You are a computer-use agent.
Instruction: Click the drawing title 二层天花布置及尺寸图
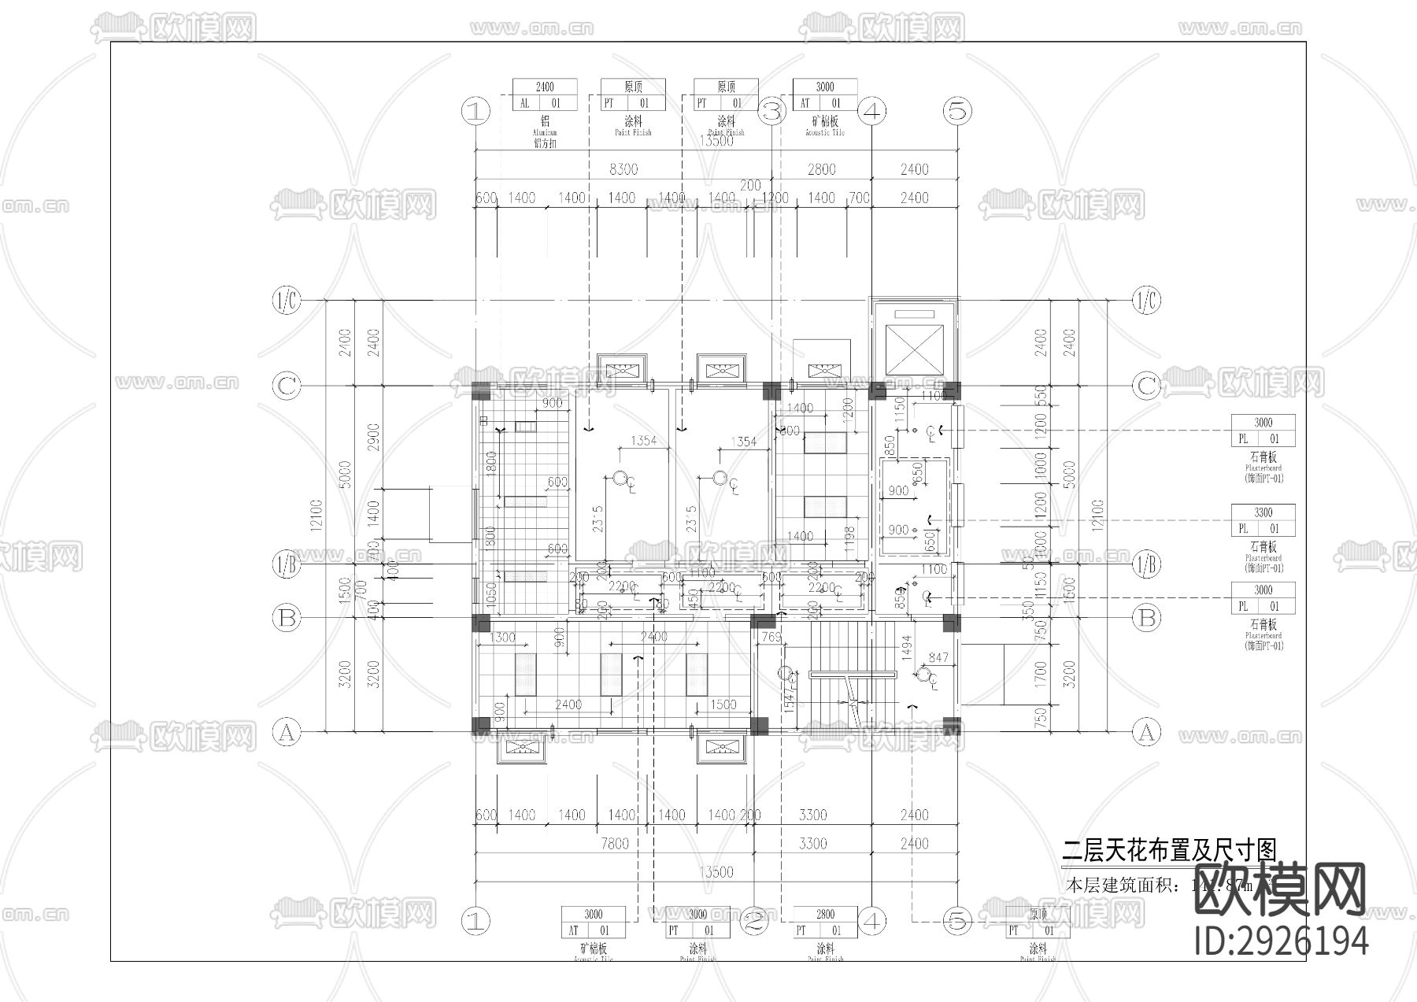coord(1169,850)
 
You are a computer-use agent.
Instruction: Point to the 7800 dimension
coord(615,844)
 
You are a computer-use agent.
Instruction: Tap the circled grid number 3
coord(771,111)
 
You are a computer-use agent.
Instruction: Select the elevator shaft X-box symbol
coord(912,349)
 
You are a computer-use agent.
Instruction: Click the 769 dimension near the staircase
coord(771,638)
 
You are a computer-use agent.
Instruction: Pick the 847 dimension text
coord(938,657)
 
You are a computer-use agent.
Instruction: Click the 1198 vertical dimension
coord(848,541)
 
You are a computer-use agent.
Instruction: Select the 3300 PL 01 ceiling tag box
coord(1263,520)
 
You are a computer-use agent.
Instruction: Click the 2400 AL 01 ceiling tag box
coord(544,94)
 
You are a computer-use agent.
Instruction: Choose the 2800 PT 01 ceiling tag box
coord(825,922)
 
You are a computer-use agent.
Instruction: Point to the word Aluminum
coord(544,133)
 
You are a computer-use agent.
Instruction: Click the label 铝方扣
coord(544,143)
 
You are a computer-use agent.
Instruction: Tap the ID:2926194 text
coord(1281,941)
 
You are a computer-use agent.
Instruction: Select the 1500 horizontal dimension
coord(723,704)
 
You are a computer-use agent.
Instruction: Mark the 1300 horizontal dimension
coord(502,637)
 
